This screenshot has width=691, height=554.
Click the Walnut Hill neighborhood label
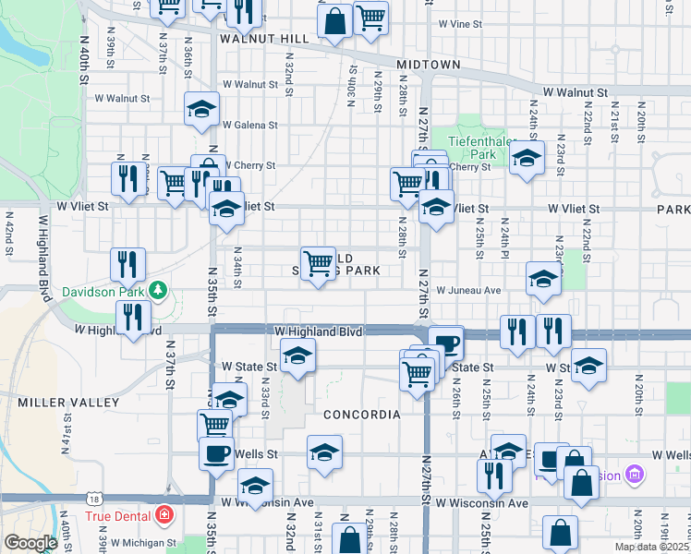point(264,40)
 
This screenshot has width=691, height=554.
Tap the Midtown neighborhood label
point(429,65)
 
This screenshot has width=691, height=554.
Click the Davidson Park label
point(103,293)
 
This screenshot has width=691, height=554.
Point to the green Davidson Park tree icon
point(158,292)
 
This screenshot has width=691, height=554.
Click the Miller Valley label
point(68,403)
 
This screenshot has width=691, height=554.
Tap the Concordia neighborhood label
point(362,415)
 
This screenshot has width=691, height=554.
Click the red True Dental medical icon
point(164,513)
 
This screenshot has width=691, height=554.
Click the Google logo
point(30,543)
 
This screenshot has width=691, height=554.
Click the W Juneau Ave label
point(468,290)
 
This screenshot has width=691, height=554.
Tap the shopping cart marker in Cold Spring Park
point(318,263)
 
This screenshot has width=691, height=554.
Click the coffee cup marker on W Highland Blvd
point(446,344)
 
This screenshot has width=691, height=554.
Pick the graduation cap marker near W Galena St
point(201,110)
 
